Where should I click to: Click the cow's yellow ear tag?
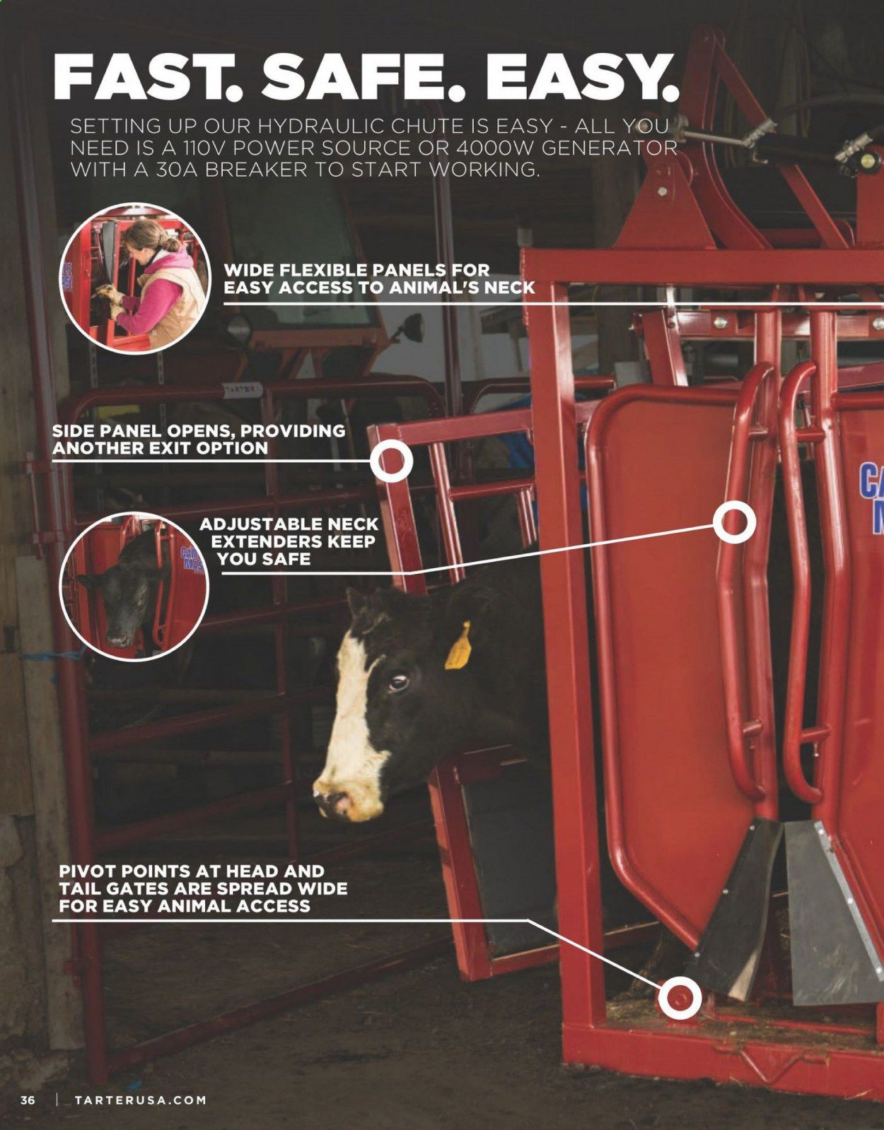pyautogui.click(x=458, y=647)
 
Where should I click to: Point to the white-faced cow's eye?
pyautogui.click(x=399, y=682)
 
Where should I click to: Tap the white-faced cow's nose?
pyautogui.click(x=336, y=802)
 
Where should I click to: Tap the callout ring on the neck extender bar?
pyautogui.click(x=734, y=522)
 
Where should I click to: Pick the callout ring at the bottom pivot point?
pyautogui.click(x=680, y=998)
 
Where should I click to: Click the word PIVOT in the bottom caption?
pyautogui.click(x=88, y=871)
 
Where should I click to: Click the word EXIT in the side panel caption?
pyautogui.click(x=173, y=448)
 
